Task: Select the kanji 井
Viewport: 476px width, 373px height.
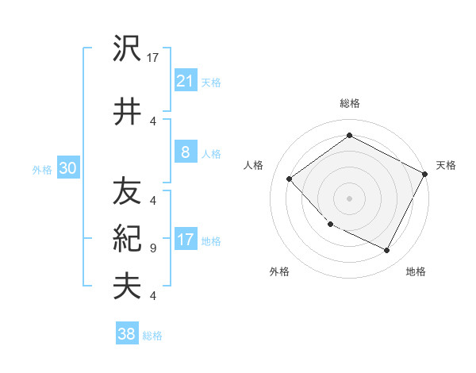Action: tap(127, 112)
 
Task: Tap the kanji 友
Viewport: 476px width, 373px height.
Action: tap(127, 191)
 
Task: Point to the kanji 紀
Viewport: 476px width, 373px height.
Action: tap(127, 239)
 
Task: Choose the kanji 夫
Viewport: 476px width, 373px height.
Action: tap(127, 286)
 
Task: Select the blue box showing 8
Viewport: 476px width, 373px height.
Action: tap(185, 152)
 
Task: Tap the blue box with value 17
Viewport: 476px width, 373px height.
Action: tap(185, 240)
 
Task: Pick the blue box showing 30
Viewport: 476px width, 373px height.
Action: tap(67, 168)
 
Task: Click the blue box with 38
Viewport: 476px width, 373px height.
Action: tap(127, 334)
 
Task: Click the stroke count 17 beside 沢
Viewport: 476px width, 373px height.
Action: tap(153, 58)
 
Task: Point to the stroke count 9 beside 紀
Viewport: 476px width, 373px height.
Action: tap(152, 248)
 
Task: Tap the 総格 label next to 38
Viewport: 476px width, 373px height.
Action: tap(152, 336)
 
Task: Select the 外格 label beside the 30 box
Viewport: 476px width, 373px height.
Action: tap(41, 169)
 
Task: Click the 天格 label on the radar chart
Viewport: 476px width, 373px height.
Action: tap(446, 165)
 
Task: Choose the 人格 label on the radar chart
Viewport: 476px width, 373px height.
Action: tap(253, 165)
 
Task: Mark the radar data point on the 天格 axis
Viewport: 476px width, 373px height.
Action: tap(425, 174)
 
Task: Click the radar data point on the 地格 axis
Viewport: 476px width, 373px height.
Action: tap(387, 251)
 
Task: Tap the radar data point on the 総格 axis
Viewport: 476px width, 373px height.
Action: tap(349, 135)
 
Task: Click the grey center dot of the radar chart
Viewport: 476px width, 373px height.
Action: tap(349, 198)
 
